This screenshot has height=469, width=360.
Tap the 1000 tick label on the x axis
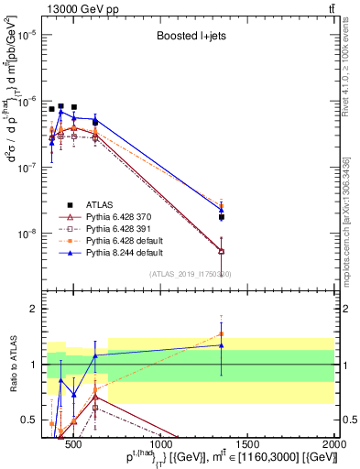pos(161,432)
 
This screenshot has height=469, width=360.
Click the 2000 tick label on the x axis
pos(335,432)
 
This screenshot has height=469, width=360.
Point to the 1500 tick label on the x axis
pos(248,432)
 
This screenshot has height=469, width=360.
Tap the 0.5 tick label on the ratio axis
pos(30,420)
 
